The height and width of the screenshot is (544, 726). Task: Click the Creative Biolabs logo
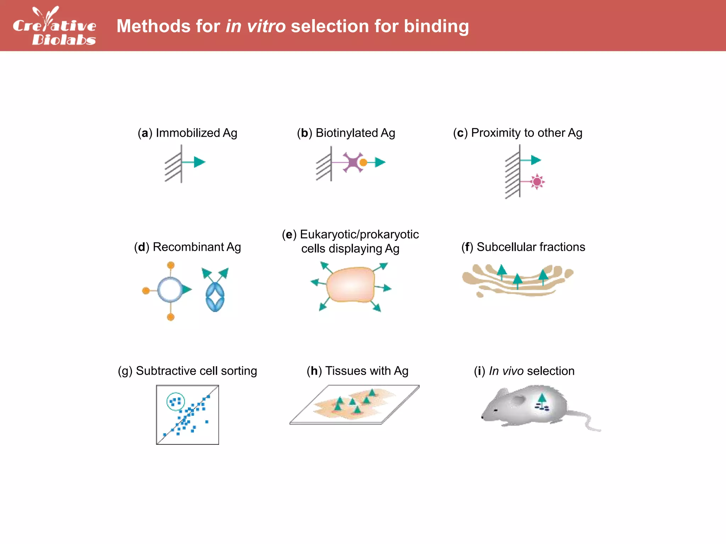(x=54, y=26)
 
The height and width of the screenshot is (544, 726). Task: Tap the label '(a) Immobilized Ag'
(x=187, y=133)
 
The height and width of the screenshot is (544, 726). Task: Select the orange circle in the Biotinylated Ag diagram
(x=363, y=163)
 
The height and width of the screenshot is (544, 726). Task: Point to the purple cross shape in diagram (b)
(x=352, y=162)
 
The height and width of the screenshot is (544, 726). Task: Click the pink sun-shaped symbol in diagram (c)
(x=537, y=182)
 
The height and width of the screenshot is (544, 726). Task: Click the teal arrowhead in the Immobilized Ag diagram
(x=200, y=162)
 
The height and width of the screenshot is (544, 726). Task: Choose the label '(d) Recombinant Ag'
(x=187, y=247)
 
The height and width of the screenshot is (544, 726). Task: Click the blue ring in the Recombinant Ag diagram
(x=170, y=290)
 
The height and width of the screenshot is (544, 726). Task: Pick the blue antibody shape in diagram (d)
(x=215, y=297)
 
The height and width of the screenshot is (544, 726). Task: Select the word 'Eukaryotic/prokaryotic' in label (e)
(x=359, y=234)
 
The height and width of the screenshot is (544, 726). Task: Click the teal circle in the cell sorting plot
(x=175, y=401)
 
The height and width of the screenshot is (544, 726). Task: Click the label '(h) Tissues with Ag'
(x=357, y=371)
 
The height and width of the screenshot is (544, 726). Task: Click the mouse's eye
(x=495, y=410)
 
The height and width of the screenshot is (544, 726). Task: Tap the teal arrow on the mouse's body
(x=542, y=399)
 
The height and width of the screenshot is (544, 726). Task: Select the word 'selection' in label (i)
(x=551, y=371)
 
